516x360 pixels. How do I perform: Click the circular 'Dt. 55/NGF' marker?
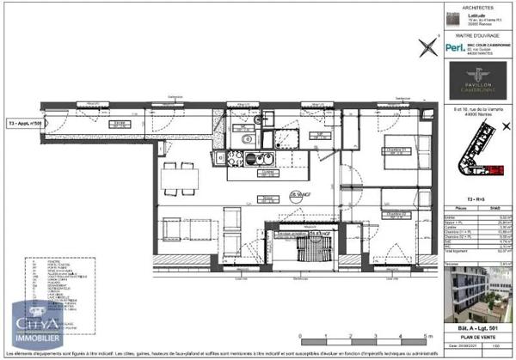click(x=298, y=196)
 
